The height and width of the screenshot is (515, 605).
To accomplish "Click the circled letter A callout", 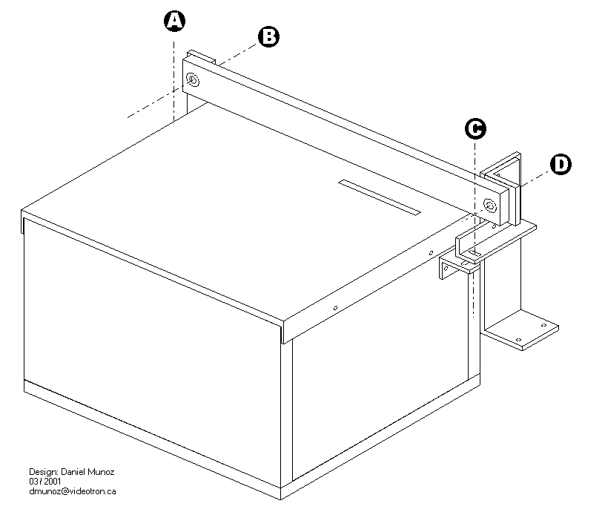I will point(173,22).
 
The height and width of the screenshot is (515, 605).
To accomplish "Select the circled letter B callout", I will point(268,36).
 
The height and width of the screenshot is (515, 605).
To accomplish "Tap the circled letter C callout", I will point(475,129).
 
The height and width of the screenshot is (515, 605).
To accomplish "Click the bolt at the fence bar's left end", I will point(193,79).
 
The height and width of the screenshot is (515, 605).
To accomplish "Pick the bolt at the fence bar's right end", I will point(489,205).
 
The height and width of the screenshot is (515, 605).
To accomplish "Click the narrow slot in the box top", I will point(379,197).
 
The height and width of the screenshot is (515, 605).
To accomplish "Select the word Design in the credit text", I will point(42,472).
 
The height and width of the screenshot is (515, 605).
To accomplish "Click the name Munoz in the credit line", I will point(104,472).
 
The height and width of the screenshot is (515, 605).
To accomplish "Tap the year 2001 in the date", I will point(51,482).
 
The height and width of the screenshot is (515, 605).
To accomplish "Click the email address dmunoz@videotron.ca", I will point(73,491).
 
